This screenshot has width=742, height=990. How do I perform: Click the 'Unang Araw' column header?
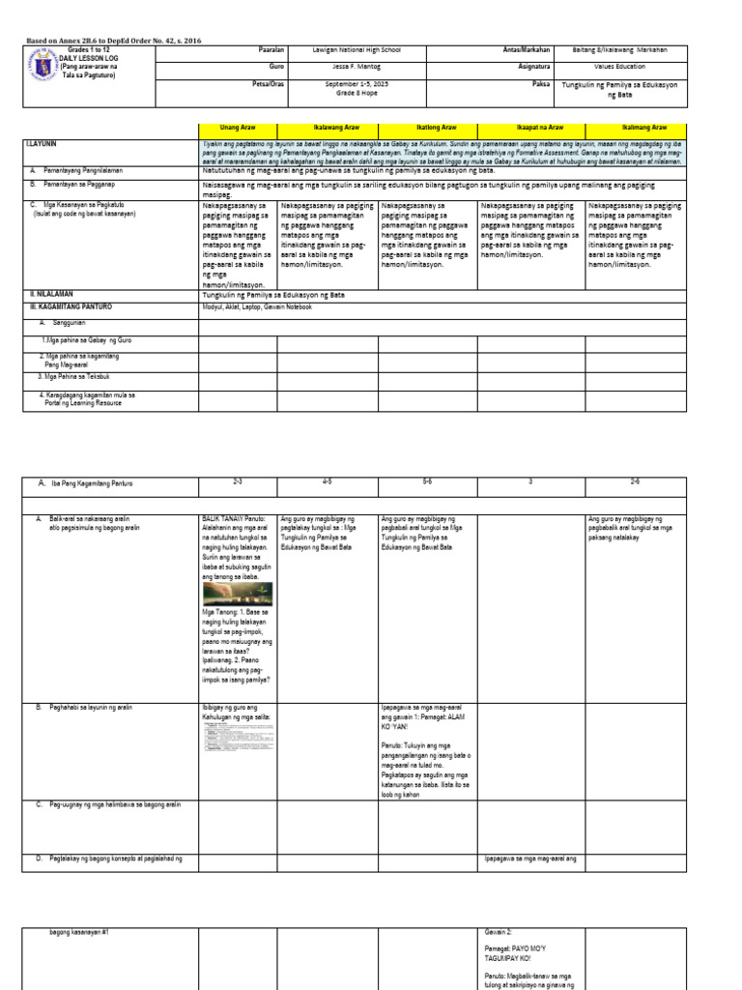238,128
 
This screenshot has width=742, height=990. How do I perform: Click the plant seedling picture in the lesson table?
237,594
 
